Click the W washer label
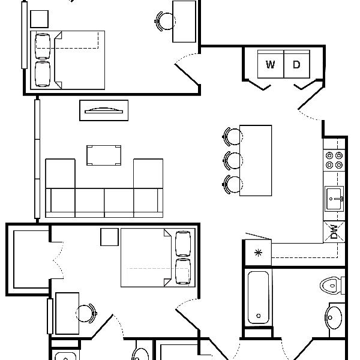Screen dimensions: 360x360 click(271, 65)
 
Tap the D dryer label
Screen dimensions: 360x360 click(296, 65)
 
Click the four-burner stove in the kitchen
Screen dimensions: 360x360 click(334, 160)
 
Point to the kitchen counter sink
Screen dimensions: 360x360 click(335, 199)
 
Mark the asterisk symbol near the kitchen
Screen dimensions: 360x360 click(259, 252)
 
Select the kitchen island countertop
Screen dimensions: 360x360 click(256, 160)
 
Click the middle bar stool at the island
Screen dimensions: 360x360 click(233, 160)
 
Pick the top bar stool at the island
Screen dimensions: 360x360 click(232, 136)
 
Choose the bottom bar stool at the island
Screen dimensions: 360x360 click(233, 183)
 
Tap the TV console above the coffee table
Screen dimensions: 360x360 click(104, 110)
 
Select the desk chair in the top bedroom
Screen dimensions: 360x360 click(164, 22)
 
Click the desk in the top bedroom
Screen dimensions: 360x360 click(184, 22)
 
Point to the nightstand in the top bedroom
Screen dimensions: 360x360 click(40, 19)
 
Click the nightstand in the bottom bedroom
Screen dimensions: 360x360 click(109, 237)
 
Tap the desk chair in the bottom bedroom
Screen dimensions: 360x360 click(85, 313)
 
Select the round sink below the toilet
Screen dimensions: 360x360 click(335, 316)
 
